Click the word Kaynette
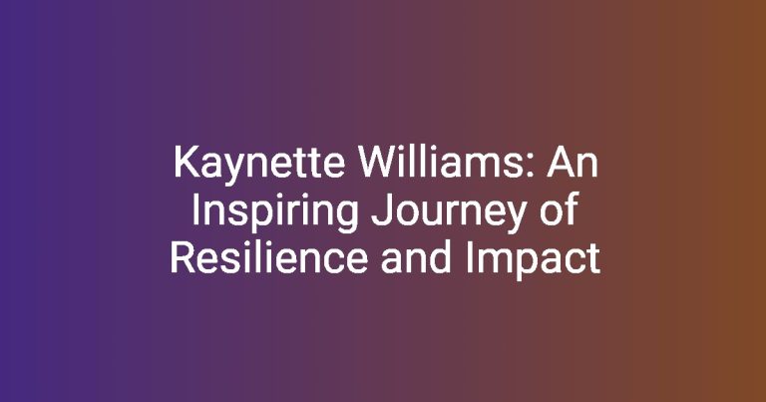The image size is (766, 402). (x=259, y=165)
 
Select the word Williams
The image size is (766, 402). (x=449, y=163)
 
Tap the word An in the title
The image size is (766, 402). (x=573, y=163)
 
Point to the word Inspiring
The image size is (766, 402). (x=275, y=212)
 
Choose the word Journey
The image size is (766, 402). (x=450, y=212)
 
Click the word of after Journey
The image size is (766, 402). (x=559, y=209)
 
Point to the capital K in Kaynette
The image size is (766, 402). (x=187, y=163)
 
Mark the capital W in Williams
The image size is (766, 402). (x=379, y=163)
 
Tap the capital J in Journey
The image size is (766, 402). (x=381, y=210)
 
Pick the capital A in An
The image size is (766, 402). (x=561, y=163)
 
